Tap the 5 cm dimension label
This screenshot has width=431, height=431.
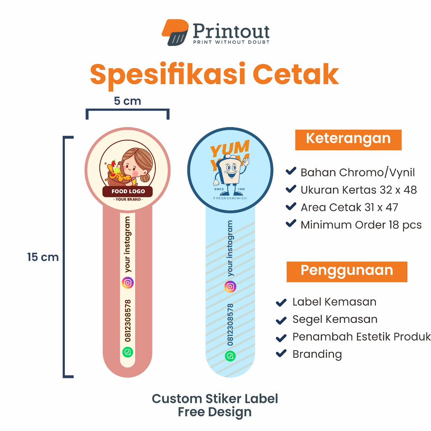(127, 101)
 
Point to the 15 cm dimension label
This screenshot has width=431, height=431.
(43, 257)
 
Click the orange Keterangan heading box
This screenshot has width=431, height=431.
(348, 139)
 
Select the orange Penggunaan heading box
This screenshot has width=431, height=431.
(347, 271)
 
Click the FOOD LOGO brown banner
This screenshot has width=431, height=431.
(128, 192)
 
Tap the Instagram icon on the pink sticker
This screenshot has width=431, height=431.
(128, 282)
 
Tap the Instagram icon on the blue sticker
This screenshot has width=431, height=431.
(230, 287)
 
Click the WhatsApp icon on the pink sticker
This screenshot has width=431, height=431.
(128, 352)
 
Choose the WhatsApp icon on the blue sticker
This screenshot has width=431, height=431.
(230, 356)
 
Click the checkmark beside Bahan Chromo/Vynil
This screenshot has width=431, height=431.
(290, 171)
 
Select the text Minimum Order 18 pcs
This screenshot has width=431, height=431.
(361, 225)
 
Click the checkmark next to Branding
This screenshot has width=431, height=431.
(280, 354)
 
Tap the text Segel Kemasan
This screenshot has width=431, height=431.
(335, 319)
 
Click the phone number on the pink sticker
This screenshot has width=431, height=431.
(128, 320)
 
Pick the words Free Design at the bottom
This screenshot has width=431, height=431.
(215, 412)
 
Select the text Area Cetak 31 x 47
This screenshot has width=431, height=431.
(349, 207)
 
